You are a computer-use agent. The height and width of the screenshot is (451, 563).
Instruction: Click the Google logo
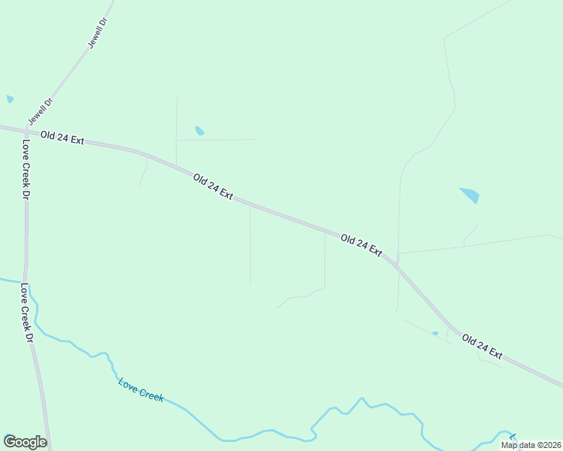[25, 442]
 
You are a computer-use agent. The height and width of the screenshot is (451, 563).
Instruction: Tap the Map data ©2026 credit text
[530, 445]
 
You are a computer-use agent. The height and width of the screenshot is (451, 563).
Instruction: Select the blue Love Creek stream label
[141, 389]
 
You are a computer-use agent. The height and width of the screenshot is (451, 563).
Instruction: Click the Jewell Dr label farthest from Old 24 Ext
[99, 34]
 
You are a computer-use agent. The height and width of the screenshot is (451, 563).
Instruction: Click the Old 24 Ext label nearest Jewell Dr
[62, 139]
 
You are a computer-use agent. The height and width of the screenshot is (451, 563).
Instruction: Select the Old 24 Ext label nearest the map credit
[482, 346]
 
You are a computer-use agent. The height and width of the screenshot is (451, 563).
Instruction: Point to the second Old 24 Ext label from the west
[213, 186]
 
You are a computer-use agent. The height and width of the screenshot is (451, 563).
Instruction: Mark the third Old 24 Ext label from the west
[361, 245]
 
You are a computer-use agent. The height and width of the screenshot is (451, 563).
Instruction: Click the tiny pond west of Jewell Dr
[10, 98]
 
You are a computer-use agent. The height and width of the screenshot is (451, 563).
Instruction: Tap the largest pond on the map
[470, 195]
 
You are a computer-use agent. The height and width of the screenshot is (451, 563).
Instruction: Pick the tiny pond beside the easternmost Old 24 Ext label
[435, 334]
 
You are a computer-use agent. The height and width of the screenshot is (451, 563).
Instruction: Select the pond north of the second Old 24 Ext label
[199, 131]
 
